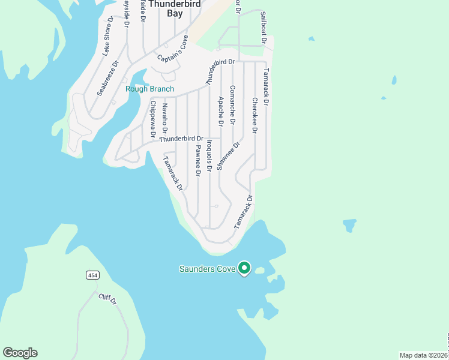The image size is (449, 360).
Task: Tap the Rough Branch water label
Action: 149,89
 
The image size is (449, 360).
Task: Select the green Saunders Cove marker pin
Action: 244,268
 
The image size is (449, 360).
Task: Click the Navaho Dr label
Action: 165,118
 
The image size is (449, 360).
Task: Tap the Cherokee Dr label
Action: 255,115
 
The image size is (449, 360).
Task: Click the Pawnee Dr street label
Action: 197,160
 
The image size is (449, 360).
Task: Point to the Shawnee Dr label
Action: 228,155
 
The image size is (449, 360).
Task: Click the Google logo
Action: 20,353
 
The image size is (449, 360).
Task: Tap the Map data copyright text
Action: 424,355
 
